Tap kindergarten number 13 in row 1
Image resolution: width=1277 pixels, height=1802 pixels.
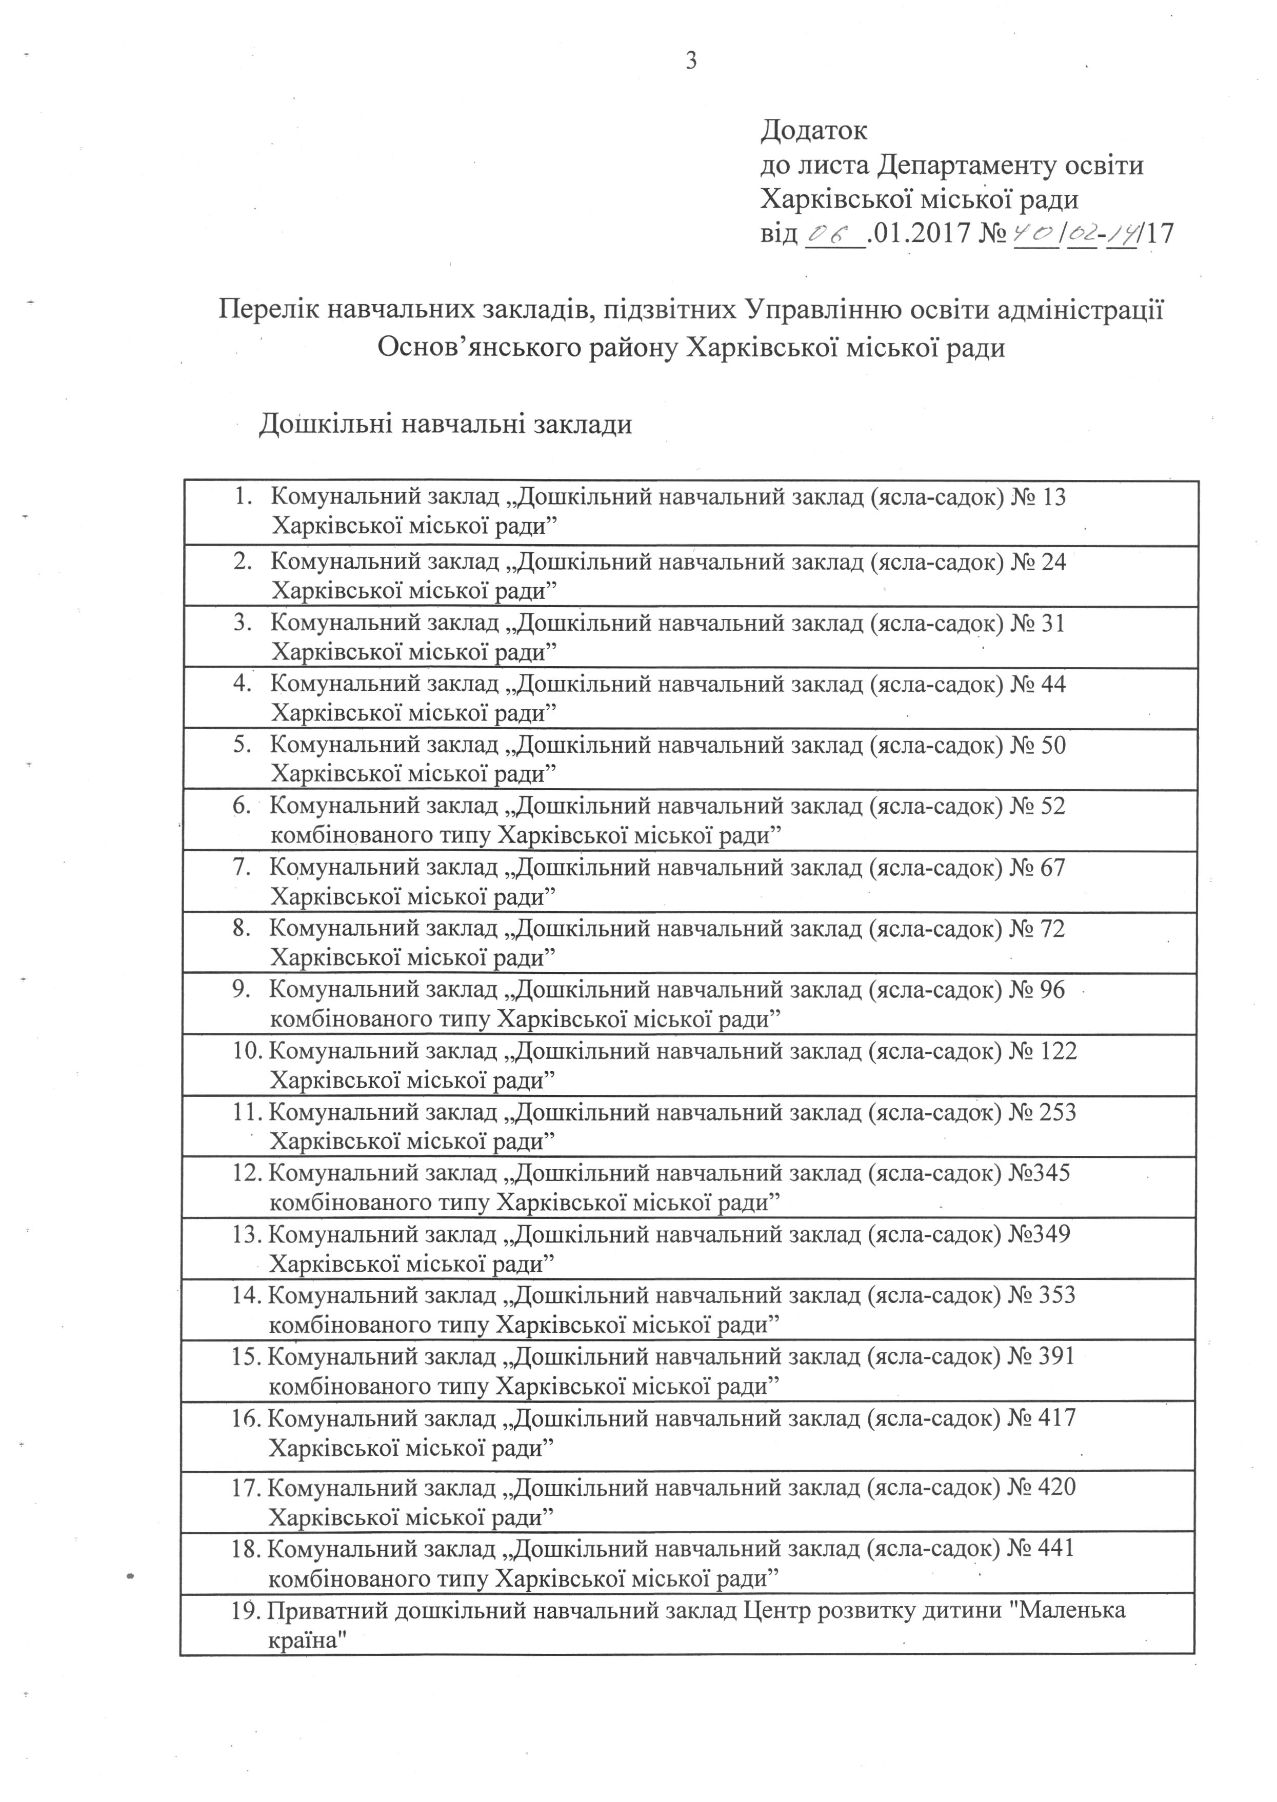pos(1052,497)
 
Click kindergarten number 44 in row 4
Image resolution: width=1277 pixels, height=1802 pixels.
pos(1052,684)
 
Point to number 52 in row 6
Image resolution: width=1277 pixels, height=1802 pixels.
pos(1052,806)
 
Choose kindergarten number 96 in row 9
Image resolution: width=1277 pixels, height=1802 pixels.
pos(1052,989)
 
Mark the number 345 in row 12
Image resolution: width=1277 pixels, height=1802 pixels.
pos(1052,1173)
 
